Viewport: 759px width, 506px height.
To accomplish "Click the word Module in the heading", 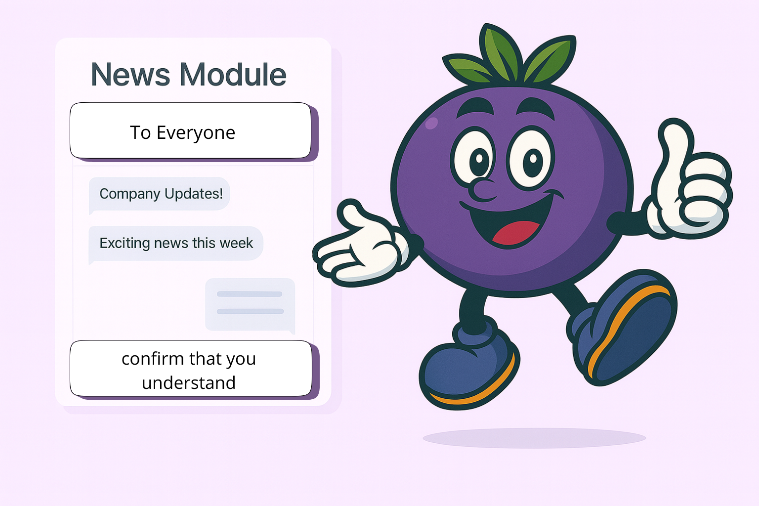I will click(233, 75).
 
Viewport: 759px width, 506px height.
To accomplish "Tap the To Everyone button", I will click(191, 131).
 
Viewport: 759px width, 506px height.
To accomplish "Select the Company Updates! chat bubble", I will click(160, 194).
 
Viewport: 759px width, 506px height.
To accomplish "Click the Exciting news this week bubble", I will click(176, 243).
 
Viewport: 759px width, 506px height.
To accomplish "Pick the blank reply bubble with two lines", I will click(250, 304).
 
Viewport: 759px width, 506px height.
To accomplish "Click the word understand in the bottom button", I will click(189, 383).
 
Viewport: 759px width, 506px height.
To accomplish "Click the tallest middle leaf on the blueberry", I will click(502, 52).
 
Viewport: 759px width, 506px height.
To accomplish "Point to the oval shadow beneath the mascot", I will click(534, 438).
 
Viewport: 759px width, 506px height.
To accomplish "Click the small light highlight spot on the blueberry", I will click(431, 123).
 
